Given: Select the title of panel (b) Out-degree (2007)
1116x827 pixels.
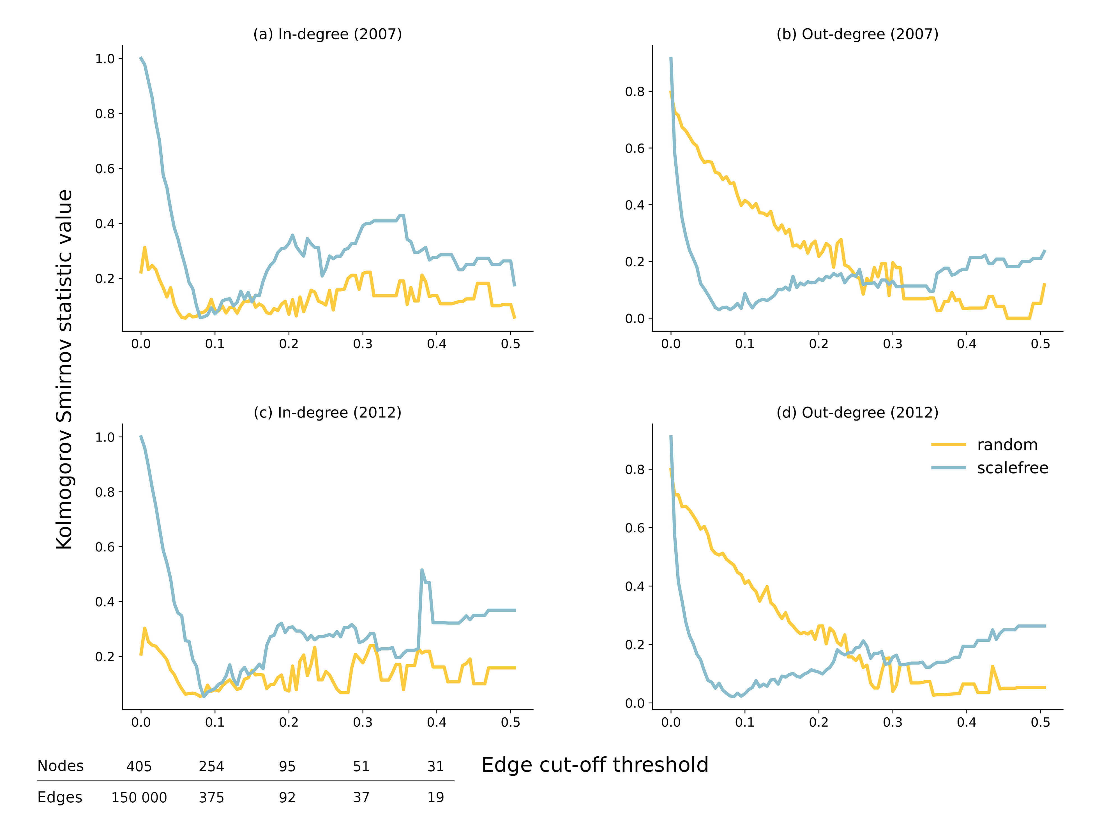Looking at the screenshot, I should [857, 34].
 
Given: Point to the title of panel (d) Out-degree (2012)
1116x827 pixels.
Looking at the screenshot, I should [857, 412].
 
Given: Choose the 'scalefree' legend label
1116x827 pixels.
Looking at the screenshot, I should [1012, 468].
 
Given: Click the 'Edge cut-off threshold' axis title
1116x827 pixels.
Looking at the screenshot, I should [595, 765].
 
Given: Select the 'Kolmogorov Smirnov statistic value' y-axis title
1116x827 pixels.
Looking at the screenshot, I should [64, 369].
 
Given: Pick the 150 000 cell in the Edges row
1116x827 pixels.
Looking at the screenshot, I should [139, 798].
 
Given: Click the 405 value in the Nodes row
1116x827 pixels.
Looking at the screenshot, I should [139, 766].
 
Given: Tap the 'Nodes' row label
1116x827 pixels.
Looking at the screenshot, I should [61, 766].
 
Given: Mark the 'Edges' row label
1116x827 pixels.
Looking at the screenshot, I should [59, 798].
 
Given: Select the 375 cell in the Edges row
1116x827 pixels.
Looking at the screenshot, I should [211, 798].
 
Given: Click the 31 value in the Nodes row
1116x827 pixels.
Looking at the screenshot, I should [435, 766].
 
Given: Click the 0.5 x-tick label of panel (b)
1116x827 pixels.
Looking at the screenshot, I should [1040, 344].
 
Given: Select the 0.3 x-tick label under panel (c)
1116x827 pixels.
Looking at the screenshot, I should [363, 722].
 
